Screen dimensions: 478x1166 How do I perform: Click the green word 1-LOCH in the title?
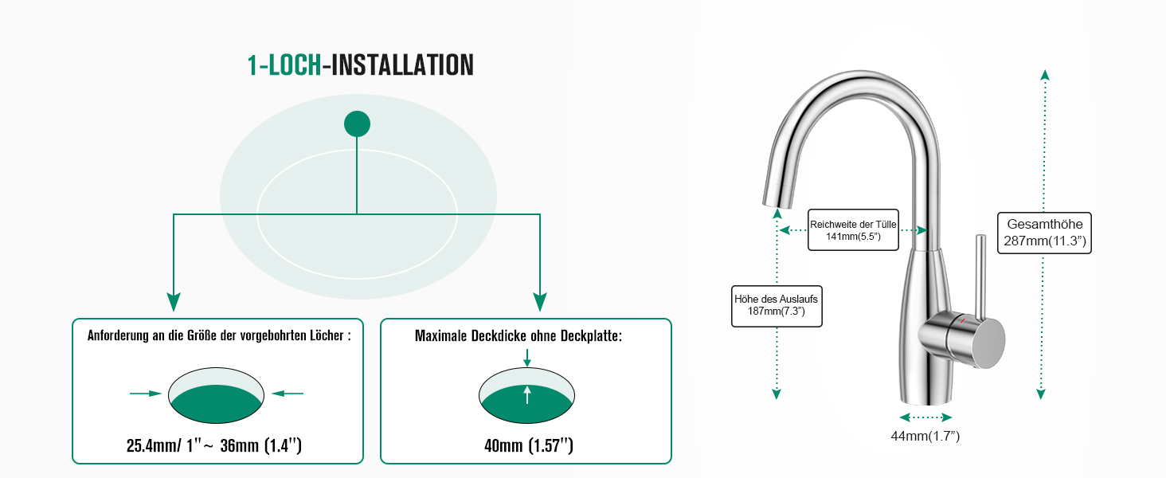click(x=284, y=65)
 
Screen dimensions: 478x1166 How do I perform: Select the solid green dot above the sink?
click(x=357, y=123)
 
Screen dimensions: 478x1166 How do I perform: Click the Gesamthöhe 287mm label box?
click(x=1045, y=233)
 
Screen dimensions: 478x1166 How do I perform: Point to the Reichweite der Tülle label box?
click(x=852, y=230)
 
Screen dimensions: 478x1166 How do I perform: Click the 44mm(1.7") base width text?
click(x=925, y=436)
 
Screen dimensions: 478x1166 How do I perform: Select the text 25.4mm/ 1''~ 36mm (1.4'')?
click(x=214, y=445)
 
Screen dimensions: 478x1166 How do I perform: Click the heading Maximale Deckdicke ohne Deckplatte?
click(x=518, y=336)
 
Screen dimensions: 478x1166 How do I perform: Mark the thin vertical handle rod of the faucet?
click(x=980, y=275)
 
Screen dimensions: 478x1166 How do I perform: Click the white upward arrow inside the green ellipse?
click(x=527, y=394)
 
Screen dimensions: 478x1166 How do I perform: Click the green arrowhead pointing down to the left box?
click(x=174, y=301)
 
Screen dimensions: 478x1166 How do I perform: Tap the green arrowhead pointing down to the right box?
click(x=540, y=301)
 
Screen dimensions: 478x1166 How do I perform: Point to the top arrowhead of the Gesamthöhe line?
click(x=1045, y=74)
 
